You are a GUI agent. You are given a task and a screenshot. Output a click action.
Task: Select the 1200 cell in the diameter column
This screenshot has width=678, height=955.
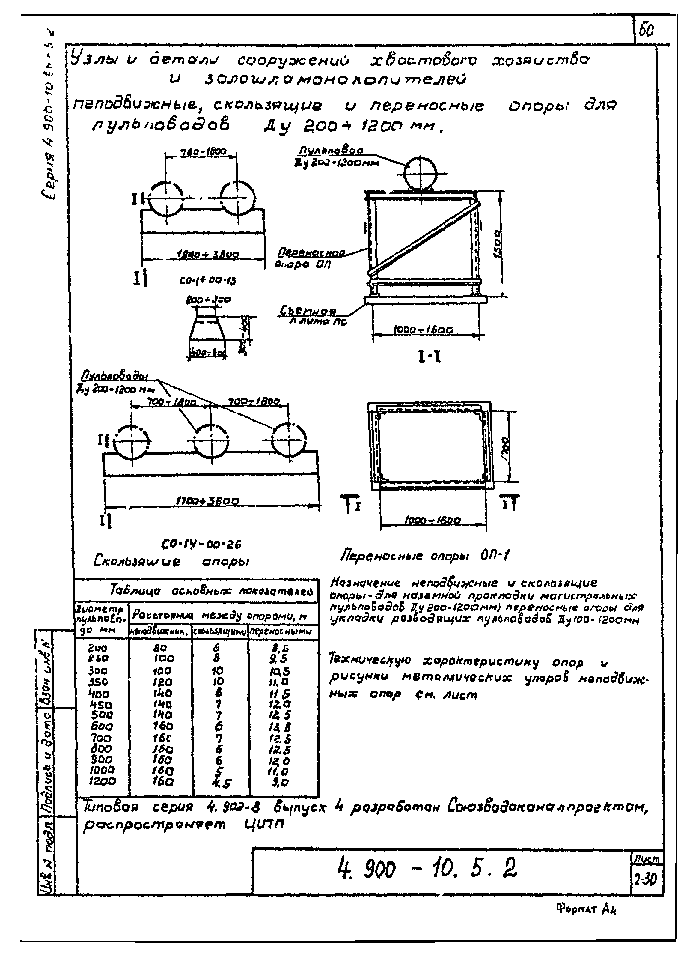102,781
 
